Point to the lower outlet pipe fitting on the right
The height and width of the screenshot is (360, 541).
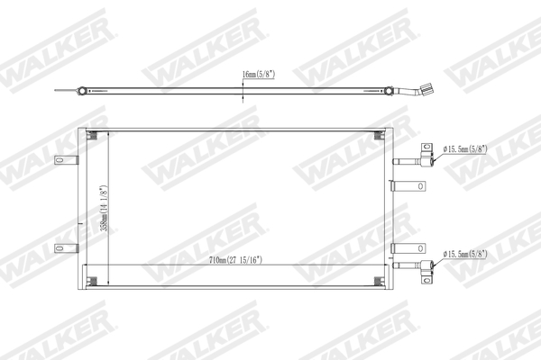tap(419, 265)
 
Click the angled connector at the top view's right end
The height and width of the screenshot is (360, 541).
tap(421, 91)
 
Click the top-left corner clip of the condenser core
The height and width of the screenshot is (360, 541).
tap(93, 136)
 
